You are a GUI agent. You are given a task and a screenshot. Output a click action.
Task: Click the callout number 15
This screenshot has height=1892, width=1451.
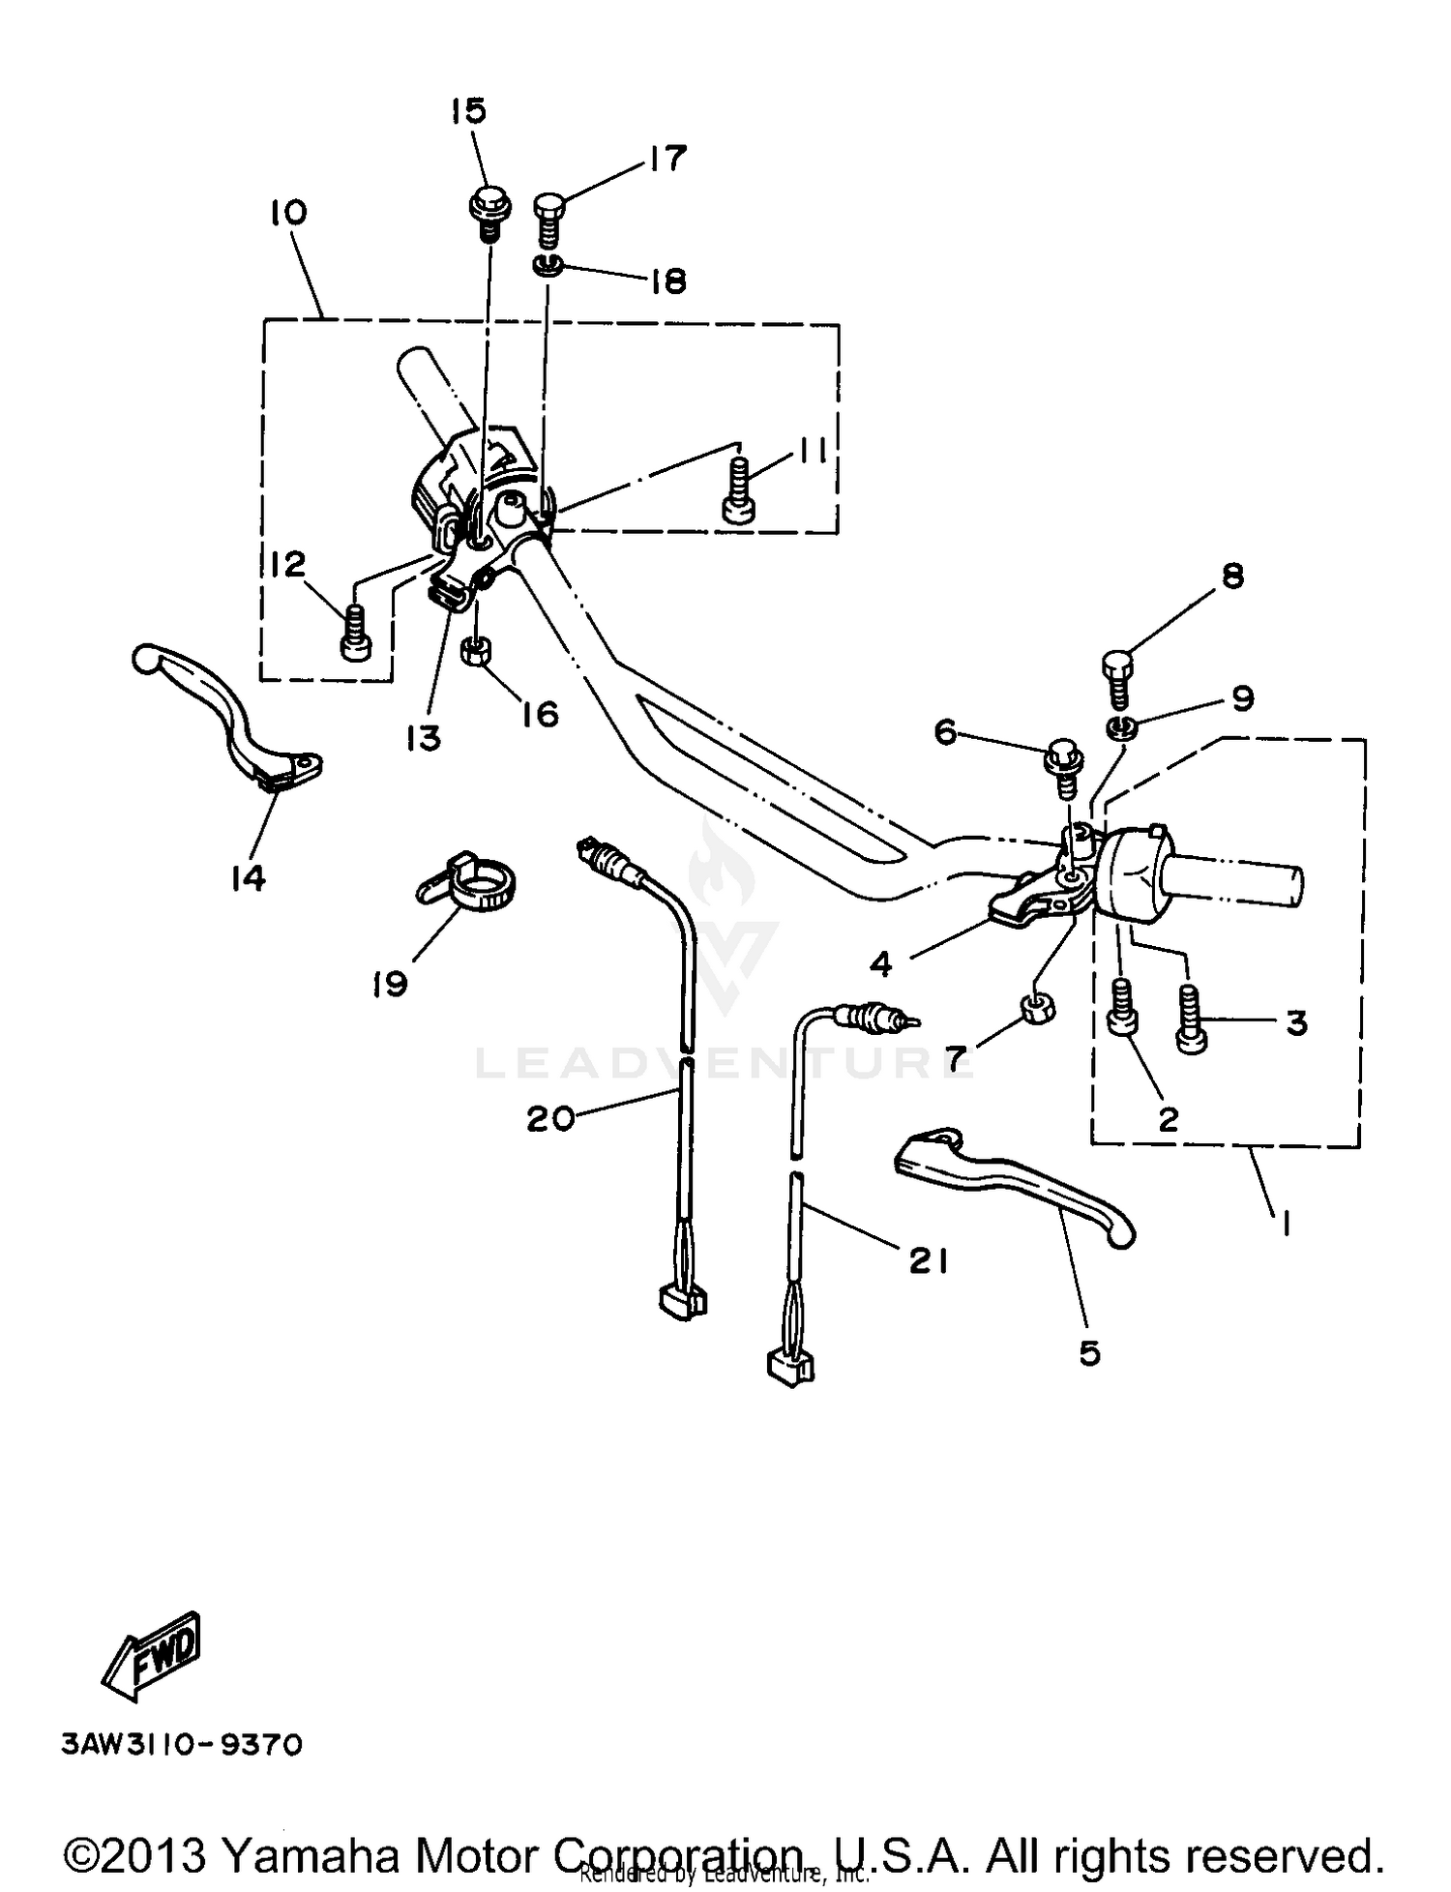[468, 111]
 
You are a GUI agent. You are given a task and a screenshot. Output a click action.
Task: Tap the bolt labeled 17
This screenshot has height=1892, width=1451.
[548, 220]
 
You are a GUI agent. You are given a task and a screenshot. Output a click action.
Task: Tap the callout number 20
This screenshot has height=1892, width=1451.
[549, 1118]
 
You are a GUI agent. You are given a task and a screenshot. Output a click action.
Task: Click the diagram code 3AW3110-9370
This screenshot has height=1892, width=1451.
[182, 1744]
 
